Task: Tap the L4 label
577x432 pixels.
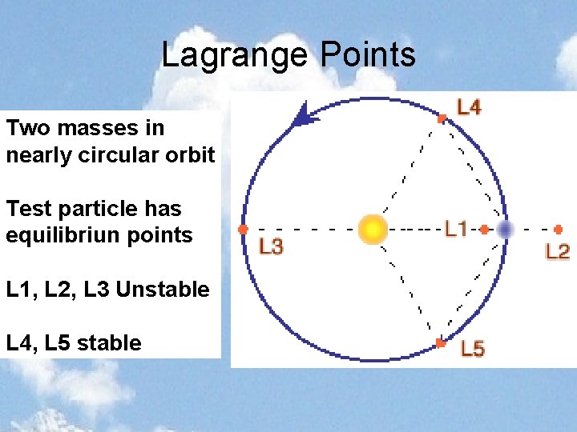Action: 469,106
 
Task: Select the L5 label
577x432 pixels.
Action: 472,350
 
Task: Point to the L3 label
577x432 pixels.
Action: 271,247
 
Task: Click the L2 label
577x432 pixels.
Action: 558,251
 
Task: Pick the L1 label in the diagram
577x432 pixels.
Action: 456,230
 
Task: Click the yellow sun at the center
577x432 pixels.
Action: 373,230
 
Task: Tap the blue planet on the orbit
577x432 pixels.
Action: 505,230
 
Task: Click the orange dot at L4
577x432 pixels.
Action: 442,118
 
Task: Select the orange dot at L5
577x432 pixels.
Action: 440,343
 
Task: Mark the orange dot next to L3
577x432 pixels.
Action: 243,230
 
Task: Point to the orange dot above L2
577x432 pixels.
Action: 558,230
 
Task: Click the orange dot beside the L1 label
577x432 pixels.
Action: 484,230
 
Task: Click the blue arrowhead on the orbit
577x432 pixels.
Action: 305,116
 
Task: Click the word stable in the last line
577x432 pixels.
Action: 112,343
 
